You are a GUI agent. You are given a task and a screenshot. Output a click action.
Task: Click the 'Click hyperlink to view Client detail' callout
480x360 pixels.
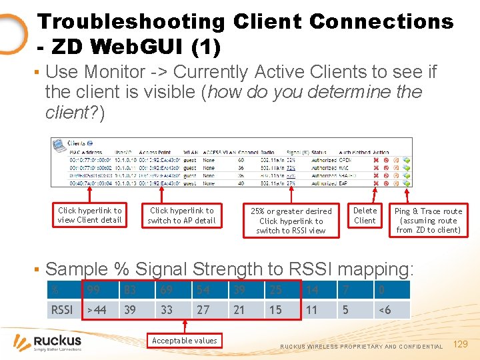tap(90, 215)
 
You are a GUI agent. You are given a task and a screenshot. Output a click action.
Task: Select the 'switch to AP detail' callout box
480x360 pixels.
tap(181, 215)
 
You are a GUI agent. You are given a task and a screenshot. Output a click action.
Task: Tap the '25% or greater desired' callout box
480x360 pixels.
tap(291, 221)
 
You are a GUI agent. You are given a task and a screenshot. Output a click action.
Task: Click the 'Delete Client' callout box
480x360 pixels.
tap(365, 215)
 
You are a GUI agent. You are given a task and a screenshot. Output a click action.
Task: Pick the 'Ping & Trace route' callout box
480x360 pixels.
tap(428, 221)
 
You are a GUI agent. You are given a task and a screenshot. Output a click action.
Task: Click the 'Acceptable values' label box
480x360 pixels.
tap(185, 341)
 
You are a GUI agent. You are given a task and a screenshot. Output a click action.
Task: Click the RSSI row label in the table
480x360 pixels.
tap(63, 309)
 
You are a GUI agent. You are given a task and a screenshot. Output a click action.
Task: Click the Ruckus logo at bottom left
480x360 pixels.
tap(48, 342)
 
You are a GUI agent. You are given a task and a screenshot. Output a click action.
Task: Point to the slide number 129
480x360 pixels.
tap(461, 344)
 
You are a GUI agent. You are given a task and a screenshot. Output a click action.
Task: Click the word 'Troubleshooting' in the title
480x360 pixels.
tap(131, 21)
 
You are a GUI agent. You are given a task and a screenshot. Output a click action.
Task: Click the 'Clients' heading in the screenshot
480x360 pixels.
tap(77, 143)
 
